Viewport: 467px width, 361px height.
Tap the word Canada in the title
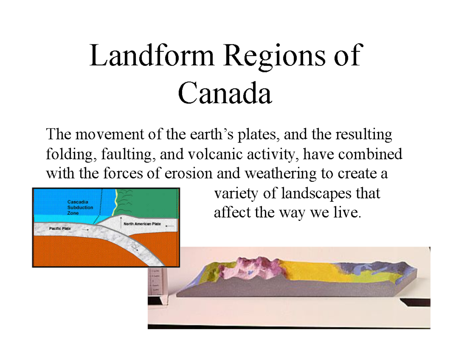click(x=225, y=94)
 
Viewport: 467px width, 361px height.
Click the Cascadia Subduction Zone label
click(x=80, y=208)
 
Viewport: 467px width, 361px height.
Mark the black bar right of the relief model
click(x=417, y=302)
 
